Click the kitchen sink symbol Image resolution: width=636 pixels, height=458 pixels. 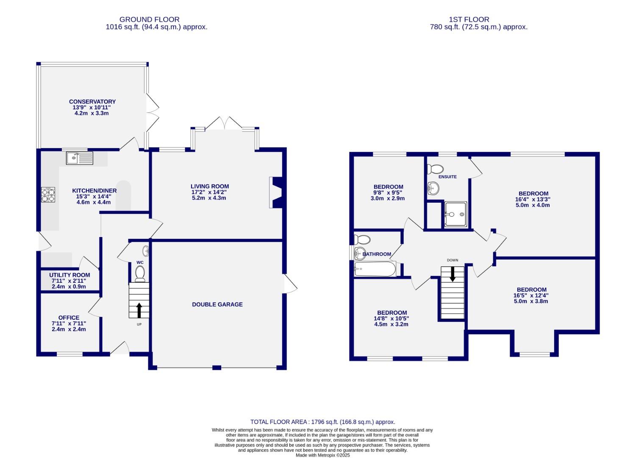80,158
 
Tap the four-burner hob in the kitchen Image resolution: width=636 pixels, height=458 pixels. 48,195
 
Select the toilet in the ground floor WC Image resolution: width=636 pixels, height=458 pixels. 140,274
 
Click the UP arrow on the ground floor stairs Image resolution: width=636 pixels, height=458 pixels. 139,310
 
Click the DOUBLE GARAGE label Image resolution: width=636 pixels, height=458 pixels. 217,304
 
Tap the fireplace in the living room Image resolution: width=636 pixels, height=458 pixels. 275,193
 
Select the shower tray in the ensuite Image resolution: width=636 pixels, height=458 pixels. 455,214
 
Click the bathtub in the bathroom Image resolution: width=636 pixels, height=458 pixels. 375,269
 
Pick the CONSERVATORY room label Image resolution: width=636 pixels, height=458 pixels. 92,102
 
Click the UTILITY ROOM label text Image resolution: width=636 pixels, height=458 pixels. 69,275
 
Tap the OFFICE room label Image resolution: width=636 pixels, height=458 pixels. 69,318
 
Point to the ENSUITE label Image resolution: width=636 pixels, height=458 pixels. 447,177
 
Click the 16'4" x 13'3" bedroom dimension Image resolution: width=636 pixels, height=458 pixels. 533,199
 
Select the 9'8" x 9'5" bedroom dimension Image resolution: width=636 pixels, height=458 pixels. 388,193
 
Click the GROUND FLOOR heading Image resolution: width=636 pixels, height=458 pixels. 149,20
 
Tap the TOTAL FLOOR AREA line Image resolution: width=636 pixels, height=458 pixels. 322,422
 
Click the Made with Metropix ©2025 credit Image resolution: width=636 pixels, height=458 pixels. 322,455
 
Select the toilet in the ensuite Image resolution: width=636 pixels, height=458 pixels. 435,169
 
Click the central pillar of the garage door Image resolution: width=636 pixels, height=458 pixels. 217,367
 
